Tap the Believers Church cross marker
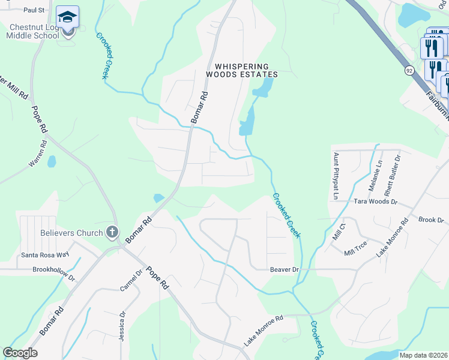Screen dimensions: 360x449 (111, 232)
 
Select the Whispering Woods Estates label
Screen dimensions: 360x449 (242, 70)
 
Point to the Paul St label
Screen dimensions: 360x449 (34, 10)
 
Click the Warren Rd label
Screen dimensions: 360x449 (37, 154)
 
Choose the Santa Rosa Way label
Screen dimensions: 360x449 (43, 255)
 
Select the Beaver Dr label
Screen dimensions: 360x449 (284, 270)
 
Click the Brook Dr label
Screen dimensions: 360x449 (430, 220)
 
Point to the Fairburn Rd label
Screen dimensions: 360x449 (437, 103)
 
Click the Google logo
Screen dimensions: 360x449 (20, 353)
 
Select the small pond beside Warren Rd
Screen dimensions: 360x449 (52, 161)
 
